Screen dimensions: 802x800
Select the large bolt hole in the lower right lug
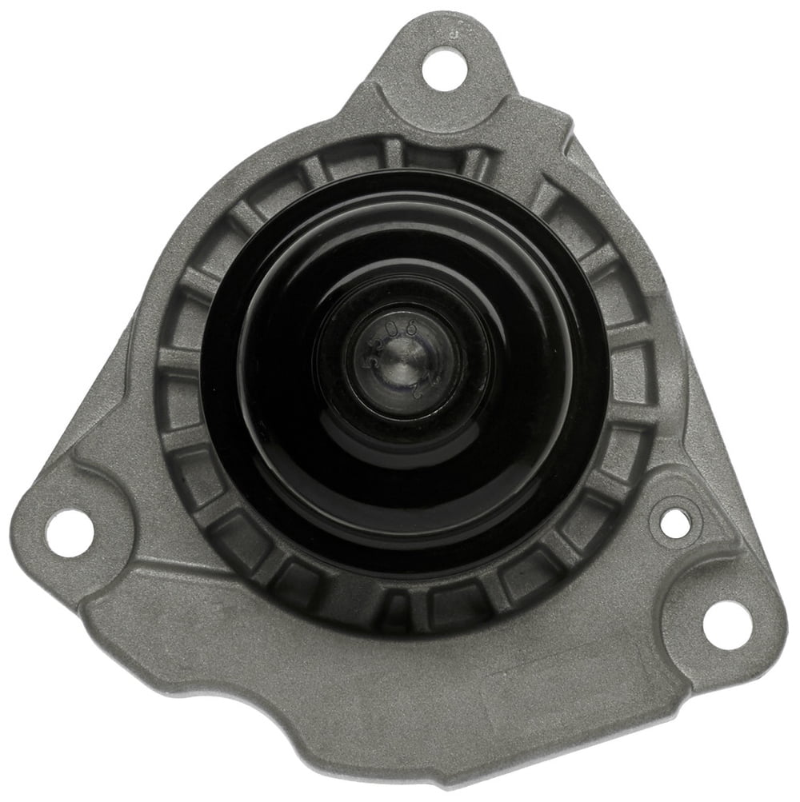[x=725, y=621]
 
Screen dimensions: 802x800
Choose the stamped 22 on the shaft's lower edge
[x=416, y=390]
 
